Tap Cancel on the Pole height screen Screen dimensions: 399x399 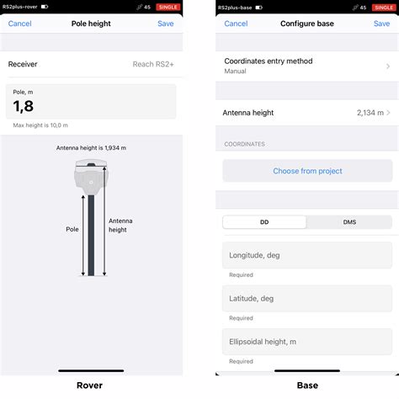point(20,24)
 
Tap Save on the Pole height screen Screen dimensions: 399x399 point(166,24)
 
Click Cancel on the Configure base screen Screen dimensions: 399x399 point(236,24)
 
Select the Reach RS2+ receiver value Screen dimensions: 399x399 point(154,64)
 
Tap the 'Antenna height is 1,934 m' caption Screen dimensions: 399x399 point(90,147)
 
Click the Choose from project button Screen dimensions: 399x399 point(307,171)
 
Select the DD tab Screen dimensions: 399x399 point(264,222)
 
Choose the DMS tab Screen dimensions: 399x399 point(349,222)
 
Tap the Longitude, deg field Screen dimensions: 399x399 point(307,256)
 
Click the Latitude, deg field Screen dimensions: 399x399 point(307,299)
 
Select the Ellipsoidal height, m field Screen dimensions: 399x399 point(307,342)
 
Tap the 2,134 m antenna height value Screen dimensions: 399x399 point(369,112)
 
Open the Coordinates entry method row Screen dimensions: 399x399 point(307,66)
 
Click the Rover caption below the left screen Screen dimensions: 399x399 point(90,386)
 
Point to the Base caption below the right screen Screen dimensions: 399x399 point(307,386)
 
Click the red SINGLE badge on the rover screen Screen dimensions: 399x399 point(168,7)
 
